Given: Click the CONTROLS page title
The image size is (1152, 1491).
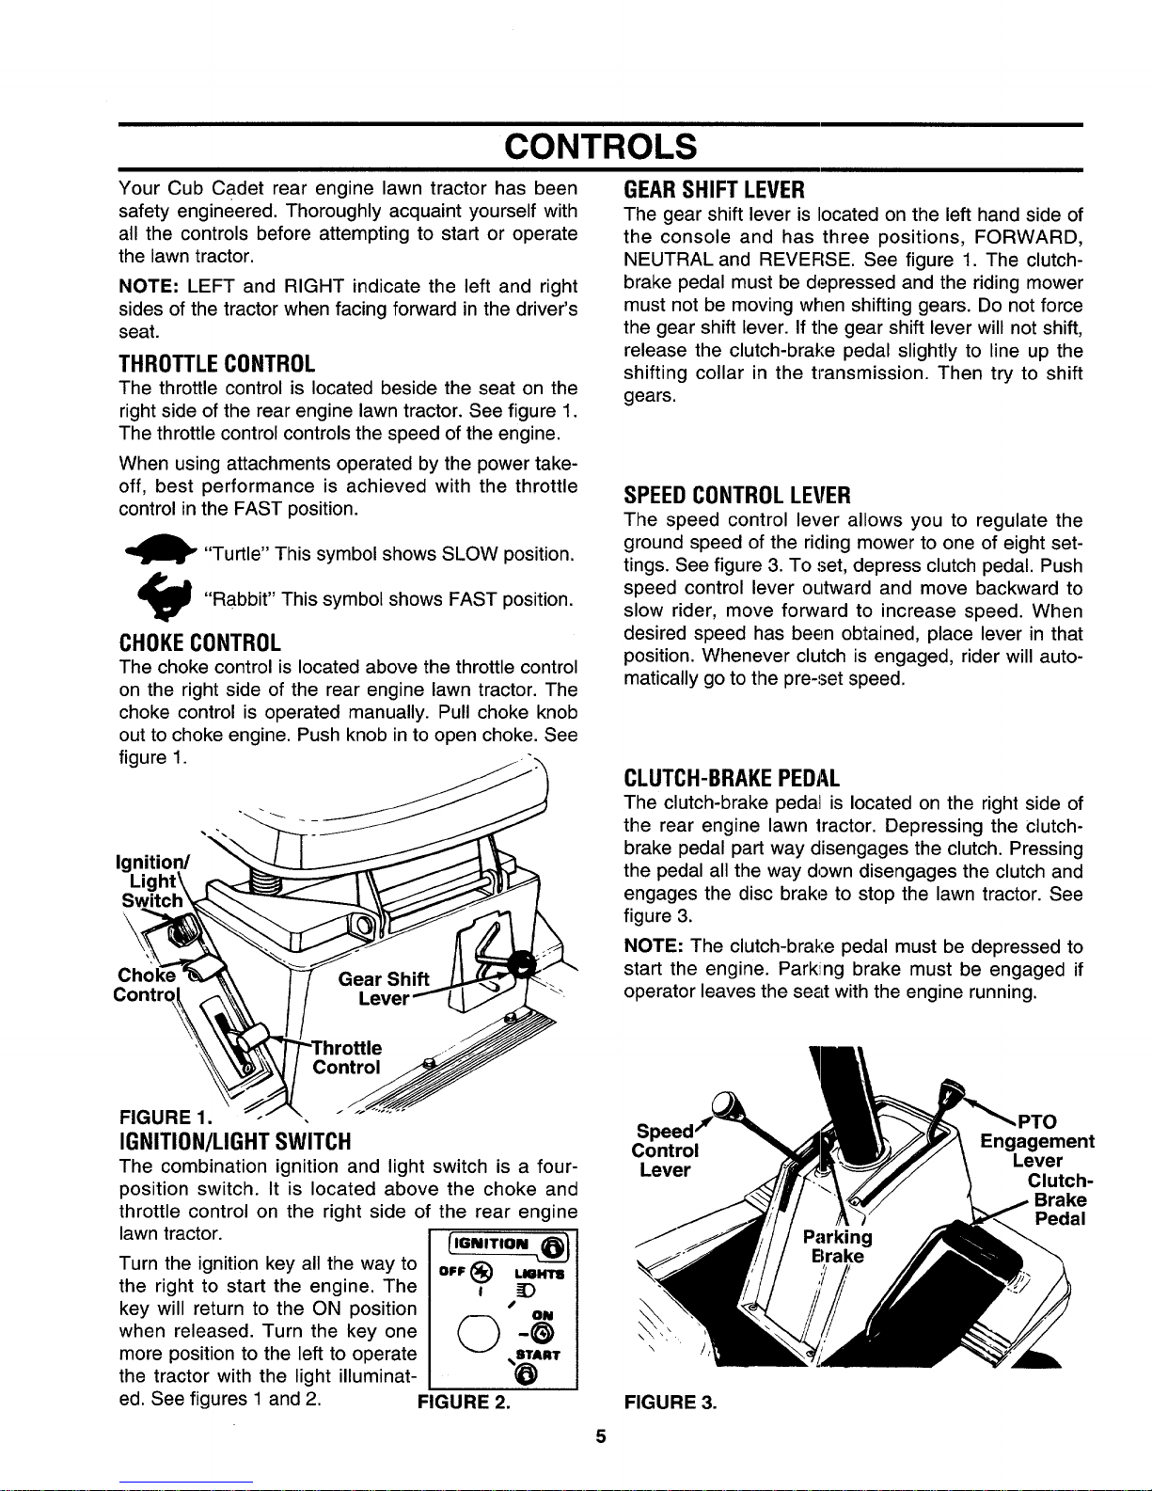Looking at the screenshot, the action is click(x=600, y=146).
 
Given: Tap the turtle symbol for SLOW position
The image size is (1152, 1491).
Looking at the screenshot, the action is click(x=161, y=549).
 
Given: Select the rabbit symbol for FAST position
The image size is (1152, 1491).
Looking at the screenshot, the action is click(x=165, y=595).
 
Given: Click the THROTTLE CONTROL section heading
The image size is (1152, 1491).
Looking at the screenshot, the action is click(x=216, y=363).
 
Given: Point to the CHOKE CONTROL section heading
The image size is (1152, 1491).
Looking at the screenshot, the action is click(x=199, y=642).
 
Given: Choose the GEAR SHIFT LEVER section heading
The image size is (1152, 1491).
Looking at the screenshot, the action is click(x=714, y=190).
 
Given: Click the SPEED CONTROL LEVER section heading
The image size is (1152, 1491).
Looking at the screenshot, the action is click(x=737, y=495).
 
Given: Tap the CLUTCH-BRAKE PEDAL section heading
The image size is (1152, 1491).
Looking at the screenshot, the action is click(x=731, y=778).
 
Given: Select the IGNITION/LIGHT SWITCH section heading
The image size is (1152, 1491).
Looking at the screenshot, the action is click(x=234, y=1141).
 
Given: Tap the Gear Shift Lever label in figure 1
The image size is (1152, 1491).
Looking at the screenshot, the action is click(x=384, y=988).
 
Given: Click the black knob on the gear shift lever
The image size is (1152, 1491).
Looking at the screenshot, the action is click(x=524, y=964).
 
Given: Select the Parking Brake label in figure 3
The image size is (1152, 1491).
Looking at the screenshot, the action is click(x=837, y=1246).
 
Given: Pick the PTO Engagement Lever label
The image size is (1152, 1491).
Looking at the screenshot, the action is click(x=1036, y=1141).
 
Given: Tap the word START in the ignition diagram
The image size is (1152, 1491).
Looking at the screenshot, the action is click(x=538, y=1356).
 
